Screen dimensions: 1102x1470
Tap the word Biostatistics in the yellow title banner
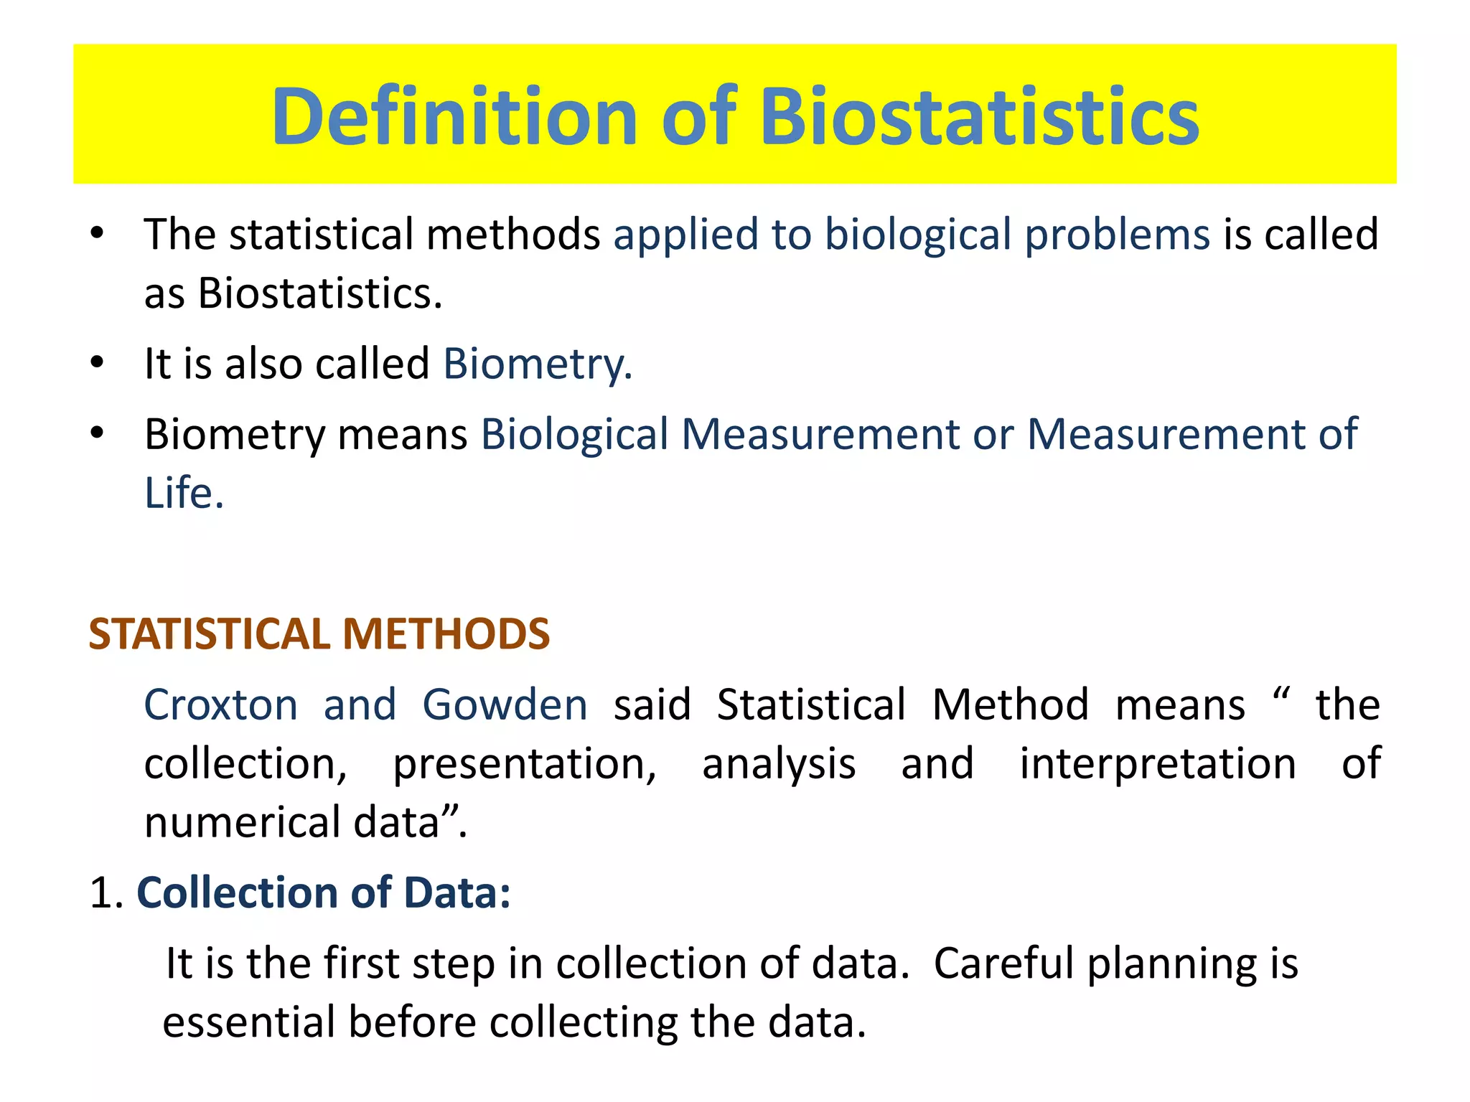pos(979,116)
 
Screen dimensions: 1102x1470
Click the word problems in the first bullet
pos(1117,235)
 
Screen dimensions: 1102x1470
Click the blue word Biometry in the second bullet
pos(536,364)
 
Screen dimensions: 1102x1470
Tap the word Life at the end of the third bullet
pos(184,494)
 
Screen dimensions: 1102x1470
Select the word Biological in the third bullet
pos(574,435)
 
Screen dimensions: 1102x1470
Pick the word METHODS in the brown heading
pos(446,634)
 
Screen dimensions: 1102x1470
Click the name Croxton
pos(221,705)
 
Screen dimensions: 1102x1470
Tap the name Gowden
pos(505,705)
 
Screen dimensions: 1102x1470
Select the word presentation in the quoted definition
pos(524,765)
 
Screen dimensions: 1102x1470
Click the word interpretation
pos(1158,763)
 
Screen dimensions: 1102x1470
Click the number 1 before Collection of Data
pos(102,893)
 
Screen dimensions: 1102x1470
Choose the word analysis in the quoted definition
pos(779,765)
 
